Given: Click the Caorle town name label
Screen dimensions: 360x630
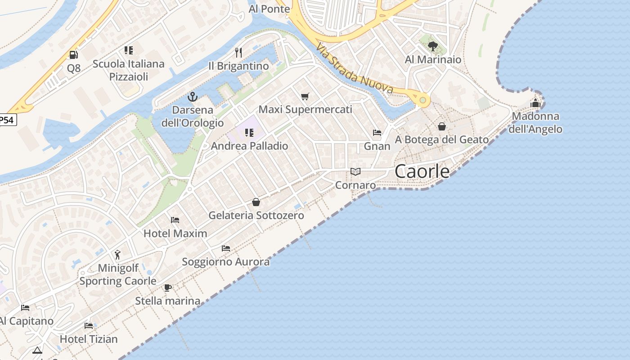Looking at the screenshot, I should click(422, 171).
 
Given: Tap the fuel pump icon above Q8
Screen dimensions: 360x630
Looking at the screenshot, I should click(73, 55).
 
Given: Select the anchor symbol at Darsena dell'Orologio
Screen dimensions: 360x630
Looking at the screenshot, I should click(192, 97).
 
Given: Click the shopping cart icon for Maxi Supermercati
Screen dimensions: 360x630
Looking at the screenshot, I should click(305, 96).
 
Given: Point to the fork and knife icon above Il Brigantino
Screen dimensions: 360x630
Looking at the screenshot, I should click(238, 53).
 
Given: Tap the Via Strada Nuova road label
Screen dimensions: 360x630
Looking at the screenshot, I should click(355, 68).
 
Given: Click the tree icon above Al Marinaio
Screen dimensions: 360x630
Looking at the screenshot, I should click(433, 46).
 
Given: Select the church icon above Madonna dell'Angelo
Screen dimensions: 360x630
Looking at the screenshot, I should click(535, 103).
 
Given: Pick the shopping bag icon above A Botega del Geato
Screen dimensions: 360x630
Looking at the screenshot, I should click(442, 126).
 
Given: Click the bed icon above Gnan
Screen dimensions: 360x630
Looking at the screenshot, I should click(377, 133).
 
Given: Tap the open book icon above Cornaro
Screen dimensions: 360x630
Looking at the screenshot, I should click(355, 171).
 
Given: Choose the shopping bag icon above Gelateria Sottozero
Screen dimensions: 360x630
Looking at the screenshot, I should click(256, 202).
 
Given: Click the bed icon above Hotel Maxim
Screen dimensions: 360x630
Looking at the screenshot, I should click(175, 220).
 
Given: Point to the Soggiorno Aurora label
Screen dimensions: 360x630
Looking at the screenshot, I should click(226, 261).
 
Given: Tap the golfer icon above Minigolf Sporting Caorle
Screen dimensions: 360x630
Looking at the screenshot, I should click(117, 255).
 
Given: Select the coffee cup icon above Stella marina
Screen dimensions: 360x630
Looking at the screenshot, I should click(168, 287).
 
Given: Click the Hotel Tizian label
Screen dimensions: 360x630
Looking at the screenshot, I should click(89, 339).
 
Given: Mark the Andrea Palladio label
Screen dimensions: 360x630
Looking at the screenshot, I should click(249, 146).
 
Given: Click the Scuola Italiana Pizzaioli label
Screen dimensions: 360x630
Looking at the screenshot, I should click(129, 70).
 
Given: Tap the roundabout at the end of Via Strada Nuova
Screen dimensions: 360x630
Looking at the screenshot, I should click(423, 100).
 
